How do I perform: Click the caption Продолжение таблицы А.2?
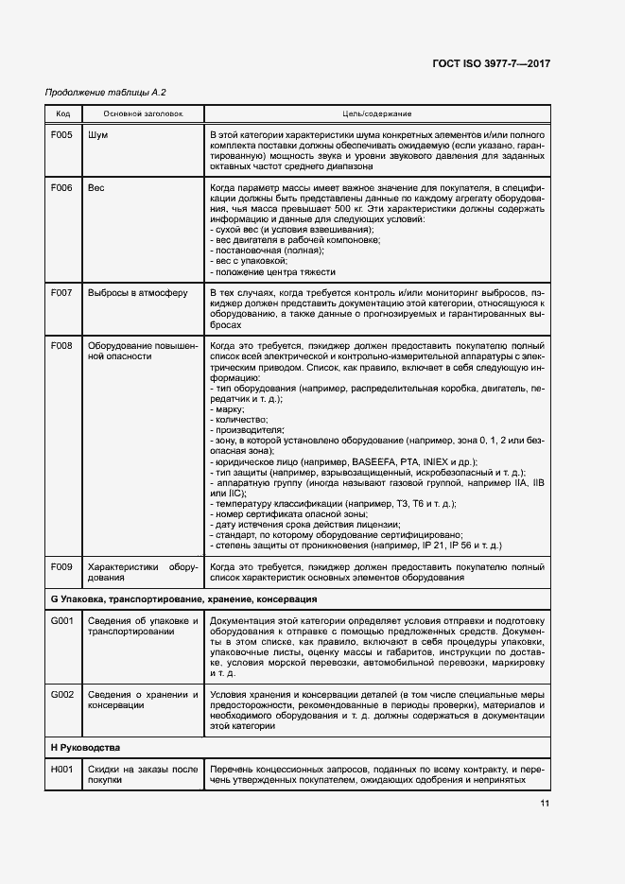[106, 92]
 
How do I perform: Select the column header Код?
[63, 113]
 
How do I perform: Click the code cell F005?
[61, 135]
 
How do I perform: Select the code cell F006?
[61, 188]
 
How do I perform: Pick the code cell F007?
[61, 293]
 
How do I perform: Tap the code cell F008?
[61, 347]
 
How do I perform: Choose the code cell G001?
[61, 620]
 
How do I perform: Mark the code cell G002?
[61, 695]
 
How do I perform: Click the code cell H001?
[61, 770]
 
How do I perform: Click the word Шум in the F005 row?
[97, 135]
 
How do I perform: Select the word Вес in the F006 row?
[96, 188]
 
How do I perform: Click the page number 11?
[545, 804]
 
